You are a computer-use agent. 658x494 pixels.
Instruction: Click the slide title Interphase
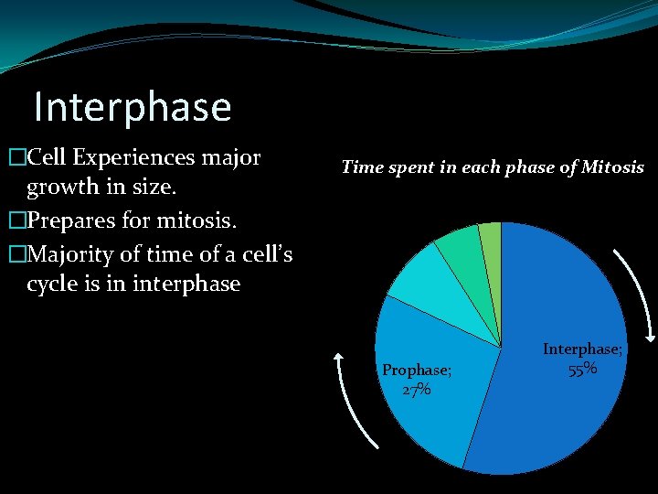click(133, 107)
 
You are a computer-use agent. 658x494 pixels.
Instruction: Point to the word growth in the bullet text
click(61, 188)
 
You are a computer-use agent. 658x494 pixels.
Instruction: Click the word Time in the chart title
click(361, 167)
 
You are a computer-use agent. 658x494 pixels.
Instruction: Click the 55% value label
click(583, 369)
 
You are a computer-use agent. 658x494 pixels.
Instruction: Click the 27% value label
click(417, 390)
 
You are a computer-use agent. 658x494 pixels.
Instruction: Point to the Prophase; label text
click(417, 370)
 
